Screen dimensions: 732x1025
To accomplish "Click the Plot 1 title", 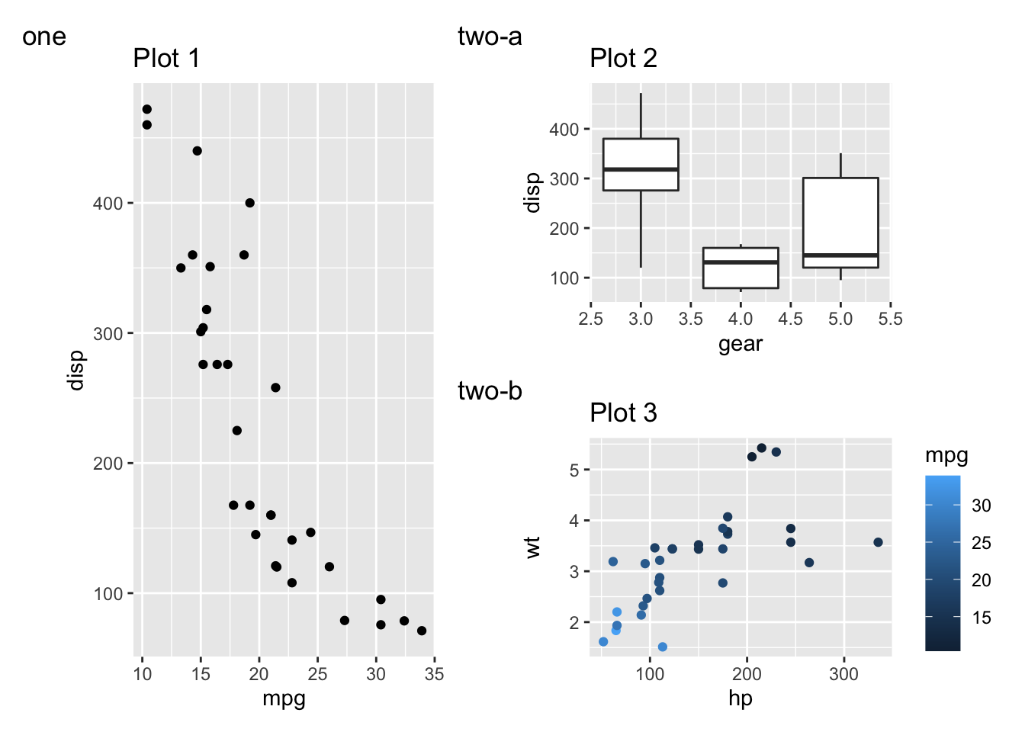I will coord(166,58).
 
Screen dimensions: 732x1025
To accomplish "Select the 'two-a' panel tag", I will coord(490,36).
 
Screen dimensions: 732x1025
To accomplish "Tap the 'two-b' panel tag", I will coord(490,390).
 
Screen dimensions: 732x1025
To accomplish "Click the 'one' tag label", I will coord(44,37).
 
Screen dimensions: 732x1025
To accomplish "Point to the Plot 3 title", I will coord(623,413).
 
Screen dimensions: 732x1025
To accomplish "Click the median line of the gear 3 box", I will coord(641,169).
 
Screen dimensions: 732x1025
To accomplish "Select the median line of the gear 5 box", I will coord(840,255).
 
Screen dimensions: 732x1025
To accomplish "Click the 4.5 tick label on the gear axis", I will coord(790,319).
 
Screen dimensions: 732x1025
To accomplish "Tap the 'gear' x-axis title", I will coord(741,344).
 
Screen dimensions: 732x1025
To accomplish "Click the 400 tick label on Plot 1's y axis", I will coord(108,204).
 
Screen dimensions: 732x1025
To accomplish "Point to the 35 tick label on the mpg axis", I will coord(434,674).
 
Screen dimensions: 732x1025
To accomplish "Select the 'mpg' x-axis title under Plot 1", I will coord(284,698).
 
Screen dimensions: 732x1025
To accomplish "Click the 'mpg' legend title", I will coord(946,455).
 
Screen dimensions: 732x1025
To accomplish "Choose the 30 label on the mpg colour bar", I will coord(982,506).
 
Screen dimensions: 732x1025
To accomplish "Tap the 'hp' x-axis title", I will coord(741,698).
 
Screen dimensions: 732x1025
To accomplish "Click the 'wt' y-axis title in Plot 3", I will coord(533,547).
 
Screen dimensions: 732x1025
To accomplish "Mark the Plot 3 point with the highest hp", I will coord(878,542).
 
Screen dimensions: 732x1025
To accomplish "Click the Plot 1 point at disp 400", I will coord(250,203).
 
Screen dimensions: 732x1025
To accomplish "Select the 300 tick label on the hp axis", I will coord(843,674).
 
